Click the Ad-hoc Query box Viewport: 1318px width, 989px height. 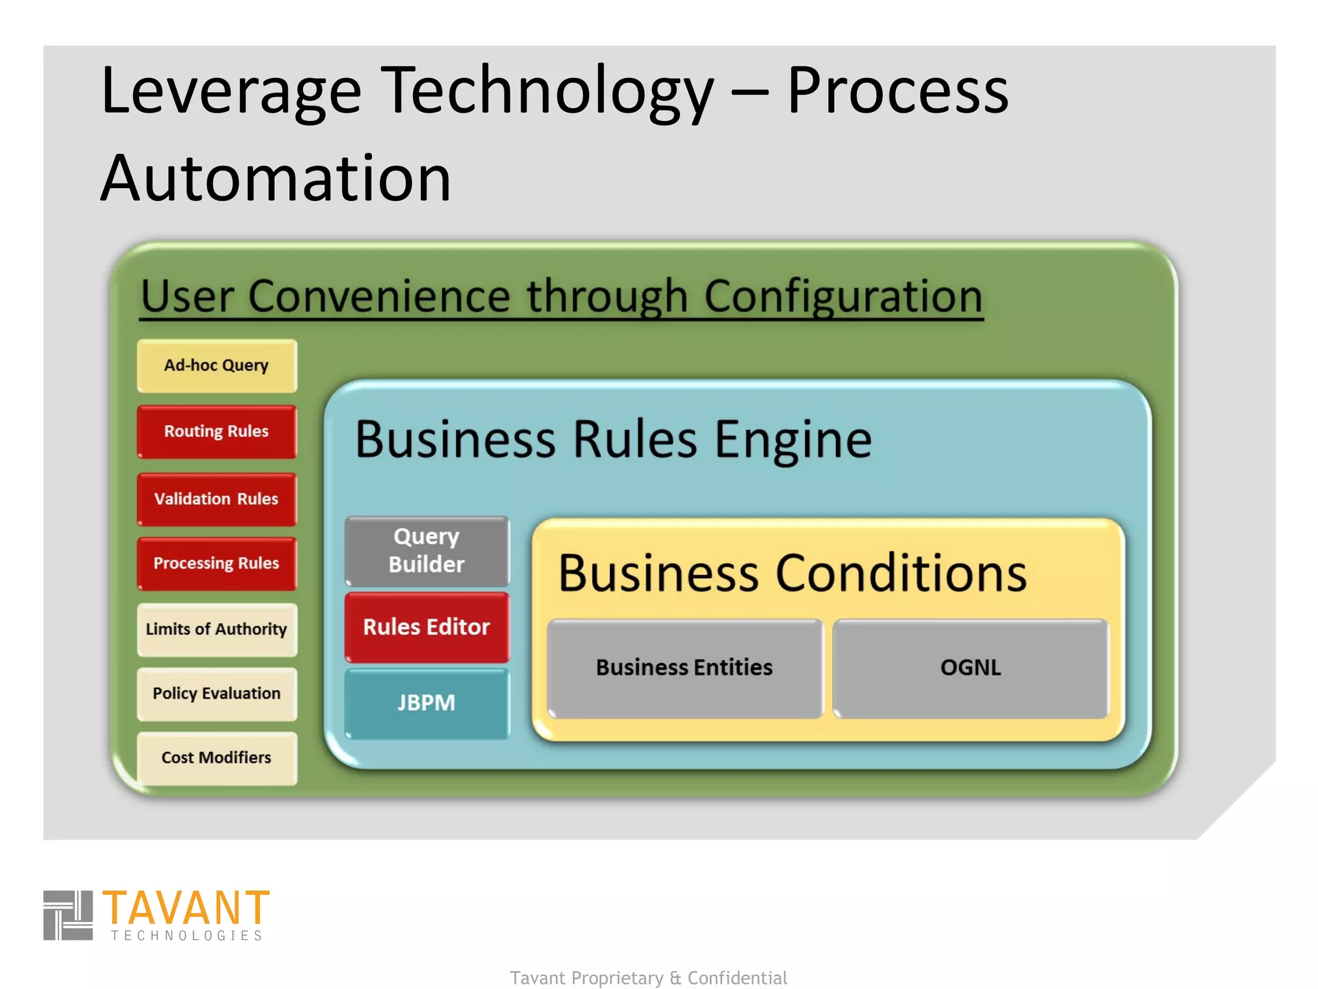tap(217, 366)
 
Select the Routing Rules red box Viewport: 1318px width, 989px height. tap(217, 431)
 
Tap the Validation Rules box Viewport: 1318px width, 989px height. tap(217, 499)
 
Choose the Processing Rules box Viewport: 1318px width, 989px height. tap(217, 563)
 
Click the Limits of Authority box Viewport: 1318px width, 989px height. tap(217, 629)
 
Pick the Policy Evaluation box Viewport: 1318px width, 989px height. tap(217, 693)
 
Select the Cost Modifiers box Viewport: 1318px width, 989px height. tap(217, 758)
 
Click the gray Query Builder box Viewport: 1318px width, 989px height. tap(427, 551)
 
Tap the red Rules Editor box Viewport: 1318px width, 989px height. tap(427, 627)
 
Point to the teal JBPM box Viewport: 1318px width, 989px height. tap(427, 702)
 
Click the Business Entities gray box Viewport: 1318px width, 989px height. tap(684, 668)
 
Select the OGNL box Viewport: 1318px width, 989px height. tap(970, 668)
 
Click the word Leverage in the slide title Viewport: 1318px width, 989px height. tap(230, 91)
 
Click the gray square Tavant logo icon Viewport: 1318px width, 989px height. tap(68, 915)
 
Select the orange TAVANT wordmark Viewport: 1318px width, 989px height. tap(186, 907)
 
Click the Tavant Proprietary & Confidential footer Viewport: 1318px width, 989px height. tap(648, 977)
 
